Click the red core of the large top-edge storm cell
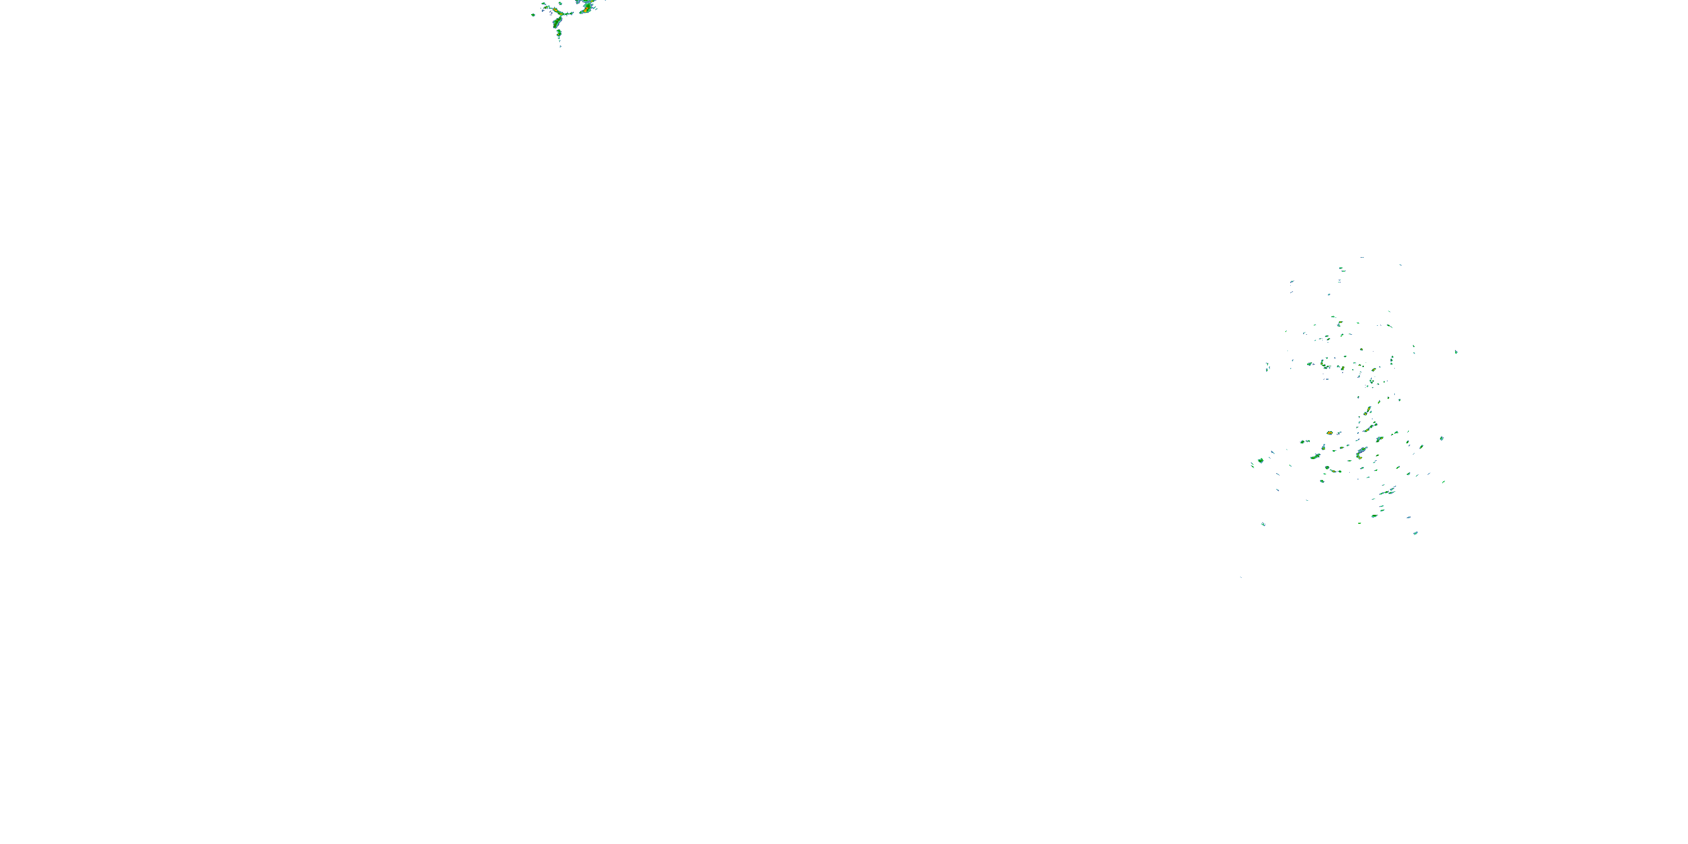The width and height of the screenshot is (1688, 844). coord(586,8)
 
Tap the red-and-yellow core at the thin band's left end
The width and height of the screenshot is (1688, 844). coord(554,9)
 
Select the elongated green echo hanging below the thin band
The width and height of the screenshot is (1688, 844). coord(557,23)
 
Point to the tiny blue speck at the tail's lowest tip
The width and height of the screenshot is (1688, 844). coord(560,47)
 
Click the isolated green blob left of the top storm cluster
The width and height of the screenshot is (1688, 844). coord(533,15)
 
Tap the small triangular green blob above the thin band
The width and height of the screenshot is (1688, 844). coord(560,3)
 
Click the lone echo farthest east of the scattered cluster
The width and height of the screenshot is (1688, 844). coord(1456,352)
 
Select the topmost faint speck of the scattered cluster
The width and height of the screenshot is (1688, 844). coord(1362,258)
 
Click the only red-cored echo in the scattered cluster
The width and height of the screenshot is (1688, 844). coord(1330,433)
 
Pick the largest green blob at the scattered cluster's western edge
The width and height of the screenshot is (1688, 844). coord(1261,461)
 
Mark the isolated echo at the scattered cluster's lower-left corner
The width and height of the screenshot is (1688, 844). coord(1263,524)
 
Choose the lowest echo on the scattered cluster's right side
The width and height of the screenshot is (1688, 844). coord(1416,533)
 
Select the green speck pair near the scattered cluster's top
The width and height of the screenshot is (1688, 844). coord(1342,270)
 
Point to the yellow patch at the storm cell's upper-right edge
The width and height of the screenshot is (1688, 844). coord(592,1)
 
